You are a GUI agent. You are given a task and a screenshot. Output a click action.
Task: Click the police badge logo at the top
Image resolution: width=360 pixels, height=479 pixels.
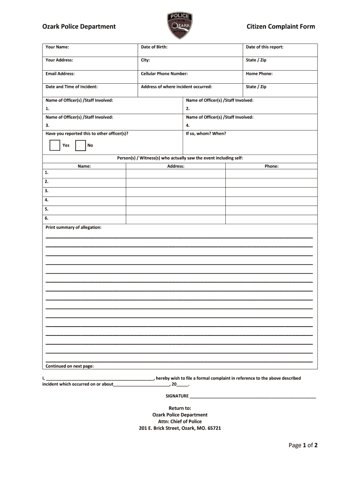coord(180,26)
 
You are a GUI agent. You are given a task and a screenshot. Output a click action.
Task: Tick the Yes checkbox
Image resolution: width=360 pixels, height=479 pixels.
coord(54,145)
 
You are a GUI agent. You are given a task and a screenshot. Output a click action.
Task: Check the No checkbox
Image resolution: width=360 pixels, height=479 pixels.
coord(80,145)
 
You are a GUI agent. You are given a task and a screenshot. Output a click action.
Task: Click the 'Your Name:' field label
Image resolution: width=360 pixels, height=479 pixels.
coord(57,47)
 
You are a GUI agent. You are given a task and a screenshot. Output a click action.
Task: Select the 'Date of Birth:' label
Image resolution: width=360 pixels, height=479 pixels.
coord(154,47)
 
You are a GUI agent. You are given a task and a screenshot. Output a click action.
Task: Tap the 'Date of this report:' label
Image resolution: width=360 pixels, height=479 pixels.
coord(265,47)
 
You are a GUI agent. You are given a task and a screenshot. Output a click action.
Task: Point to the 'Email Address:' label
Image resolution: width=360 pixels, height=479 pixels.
coord(60,73)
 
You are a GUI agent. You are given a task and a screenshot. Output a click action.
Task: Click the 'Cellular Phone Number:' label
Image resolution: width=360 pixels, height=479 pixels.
coord(164,73)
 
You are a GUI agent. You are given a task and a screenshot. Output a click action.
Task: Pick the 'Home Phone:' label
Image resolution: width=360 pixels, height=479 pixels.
coord(259,73)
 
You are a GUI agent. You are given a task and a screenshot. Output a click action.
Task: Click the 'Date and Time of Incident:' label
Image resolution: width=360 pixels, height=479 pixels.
coord(71,87)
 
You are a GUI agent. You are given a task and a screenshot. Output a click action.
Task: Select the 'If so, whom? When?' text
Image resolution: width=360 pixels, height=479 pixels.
coord(206,133)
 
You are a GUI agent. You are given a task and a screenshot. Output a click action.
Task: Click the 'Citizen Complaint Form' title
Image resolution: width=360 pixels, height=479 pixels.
coord(281,27)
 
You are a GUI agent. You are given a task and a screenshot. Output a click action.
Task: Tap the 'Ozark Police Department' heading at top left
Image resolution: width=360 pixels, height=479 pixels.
coord(79,27)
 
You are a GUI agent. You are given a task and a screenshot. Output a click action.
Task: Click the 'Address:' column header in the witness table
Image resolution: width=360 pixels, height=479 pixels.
coord(176,166)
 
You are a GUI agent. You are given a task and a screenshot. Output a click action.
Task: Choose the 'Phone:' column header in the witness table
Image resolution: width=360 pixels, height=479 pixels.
coord(272,166)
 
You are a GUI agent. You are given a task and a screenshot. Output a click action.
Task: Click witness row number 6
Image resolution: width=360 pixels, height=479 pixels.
coord(47,218)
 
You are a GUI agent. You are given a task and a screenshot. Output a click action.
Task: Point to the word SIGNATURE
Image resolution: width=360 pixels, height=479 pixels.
coord(177,396)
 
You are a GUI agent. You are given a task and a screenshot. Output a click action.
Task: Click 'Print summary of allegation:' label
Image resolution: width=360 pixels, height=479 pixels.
coord(73,227)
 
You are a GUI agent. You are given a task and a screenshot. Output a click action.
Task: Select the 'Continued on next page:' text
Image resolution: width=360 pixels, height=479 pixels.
coord(69,366)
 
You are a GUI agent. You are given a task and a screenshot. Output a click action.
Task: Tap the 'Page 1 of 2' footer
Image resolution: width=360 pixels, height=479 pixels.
coord(303,445)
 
